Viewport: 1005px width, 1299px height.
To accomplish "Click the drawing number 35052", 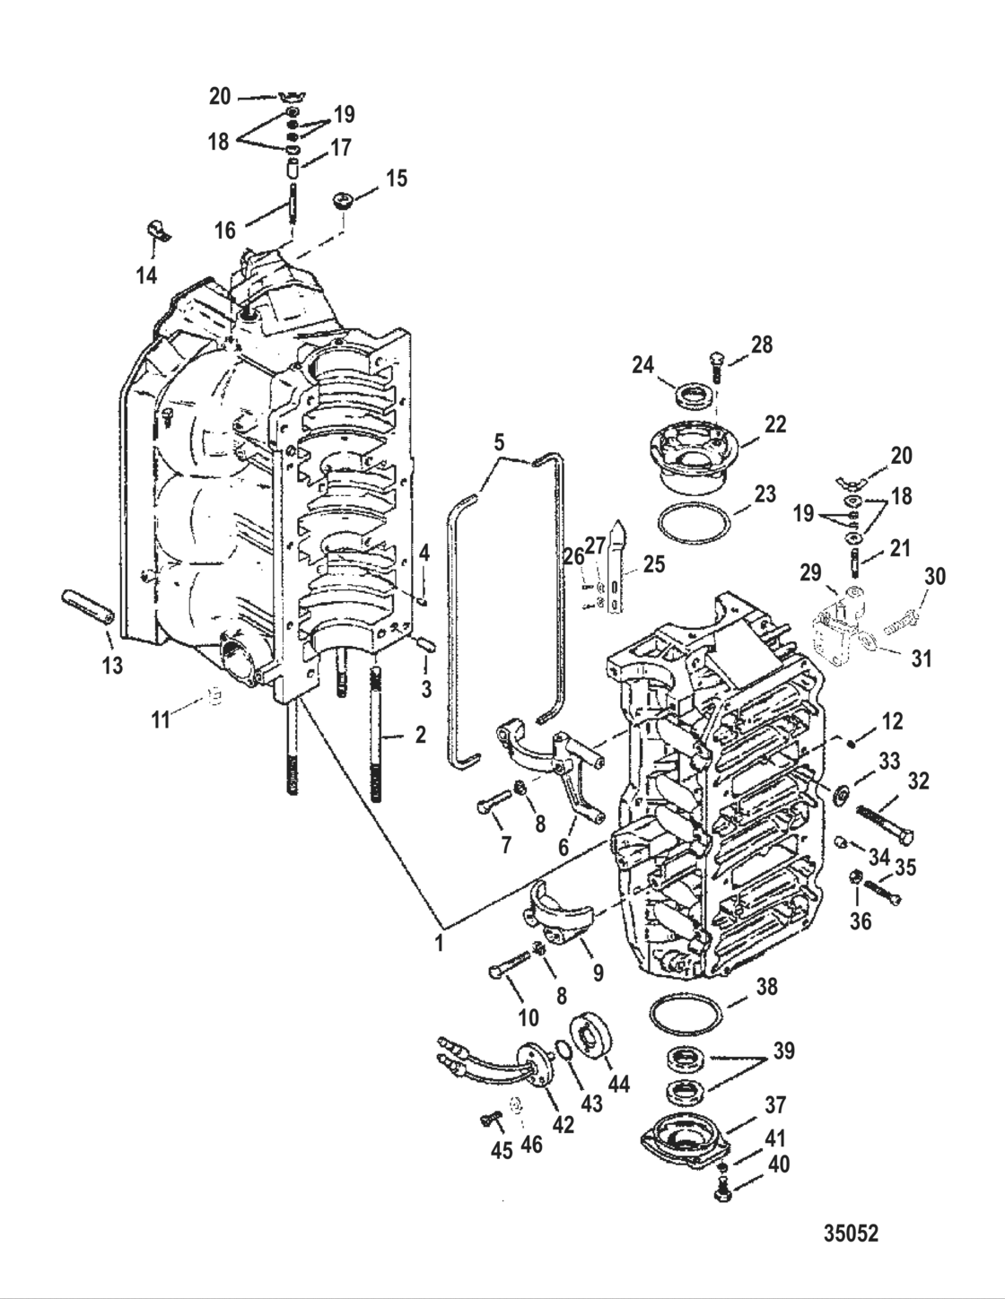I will [x=851, y=1234].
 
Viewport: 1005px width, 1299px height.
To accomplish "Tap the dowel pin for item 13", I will [x=88, y=606].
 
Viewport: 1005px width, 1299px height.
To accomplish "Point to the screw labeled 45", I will [x=490, y=1118].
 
